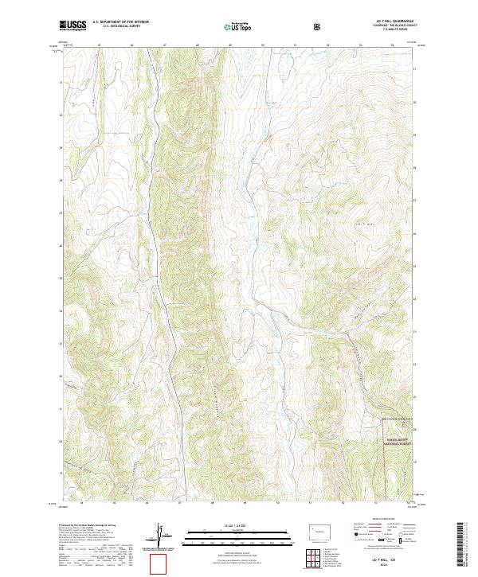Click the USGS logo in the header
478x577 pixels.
(x=72, y=26)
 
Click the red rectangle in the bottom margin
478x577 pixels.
(x=160, y=563)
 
